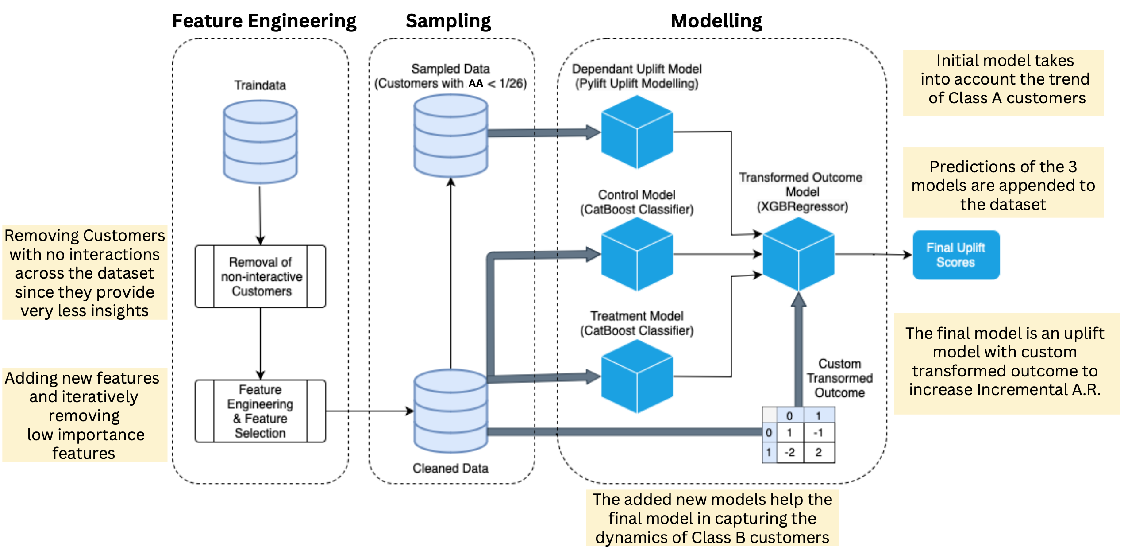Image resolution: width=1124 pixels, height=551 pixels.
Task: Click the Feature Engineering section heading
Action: (x=264, y=21)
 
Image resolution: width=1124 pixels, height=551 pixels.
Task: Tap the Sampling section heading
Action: (x=448, y=21)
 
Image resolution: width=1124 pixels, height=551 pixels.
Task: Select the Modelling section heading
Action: (x=716, y=21)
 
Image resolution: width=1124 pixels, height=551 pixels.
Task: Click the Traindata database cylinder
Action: (x=260, y=142)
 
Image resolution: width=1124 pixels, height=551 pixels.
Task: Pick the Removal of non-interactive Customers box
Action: (x=260, y=276)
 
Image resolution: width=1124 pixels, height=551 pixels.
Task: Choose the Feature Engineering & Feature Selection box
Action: (x=260, y=411)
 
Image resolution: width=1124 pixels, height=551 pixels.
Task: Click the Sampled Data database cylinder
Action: (x=450, y=136)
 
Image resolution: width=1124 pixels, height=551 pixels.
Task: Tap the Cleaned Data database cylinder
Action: (x=450, y=411)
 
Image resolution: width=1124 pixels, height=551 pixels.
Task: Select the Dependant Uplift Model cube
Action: (x=637, y=132)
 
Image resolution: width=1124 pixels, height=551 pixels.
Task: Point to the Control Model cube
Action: (x=637, y=254)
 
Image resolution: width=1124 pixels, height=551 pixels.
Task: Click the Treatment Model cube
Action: (x=637, y=376)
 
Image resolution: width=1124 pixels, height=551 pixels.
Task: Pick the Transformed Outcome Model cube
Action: (x=798, y=254)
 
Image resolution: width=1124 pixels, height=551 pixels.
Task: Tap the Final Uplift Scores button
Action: (x=956, y=255)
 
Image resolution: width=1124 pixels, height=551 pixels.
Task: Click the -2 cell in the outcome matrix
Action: (x=789, y=452)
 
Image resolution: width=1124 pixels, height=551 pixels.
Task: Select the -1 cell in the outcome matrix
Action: (x=818, y=432)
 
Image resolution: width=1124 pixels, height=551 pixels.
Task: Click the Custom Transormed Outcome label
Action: (x=839, y=378)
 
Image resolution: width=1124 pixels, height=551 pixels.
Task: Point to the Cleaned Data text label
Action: (x=450, y=468)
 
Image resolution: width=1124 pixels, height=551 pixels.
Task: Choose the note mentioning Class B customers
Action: (x=712, y=518)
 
